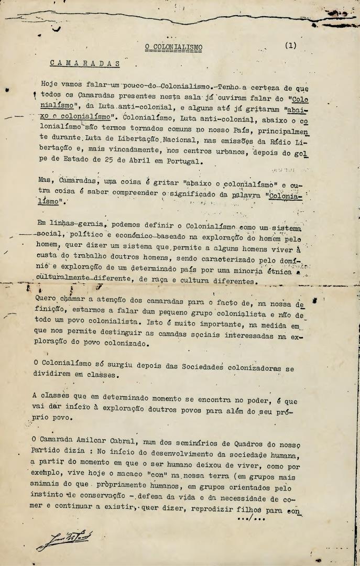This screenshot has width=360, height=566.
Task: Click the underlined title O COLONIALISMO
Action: pos(173,48)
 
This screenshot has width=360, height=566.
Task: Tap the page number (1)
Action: pos(291,45)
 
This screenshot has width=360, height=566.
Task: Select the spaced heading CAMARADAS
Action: pos(85,63)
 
